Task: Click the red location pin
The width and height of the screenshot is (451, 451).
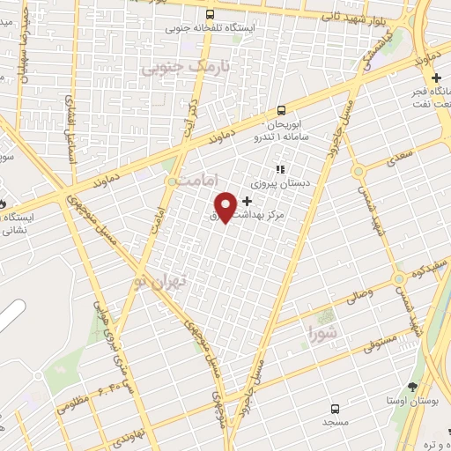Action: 227,206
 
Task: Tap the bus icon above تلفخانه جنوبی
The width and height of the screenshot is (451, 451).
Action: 210,15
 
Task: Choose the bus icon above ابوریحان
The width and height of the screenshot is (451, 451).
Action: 281,110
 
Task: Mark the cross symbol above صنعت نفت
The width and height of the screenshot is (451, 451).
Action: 436,78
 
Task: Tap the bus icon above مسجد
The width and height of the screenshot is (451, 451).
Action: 335,409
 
